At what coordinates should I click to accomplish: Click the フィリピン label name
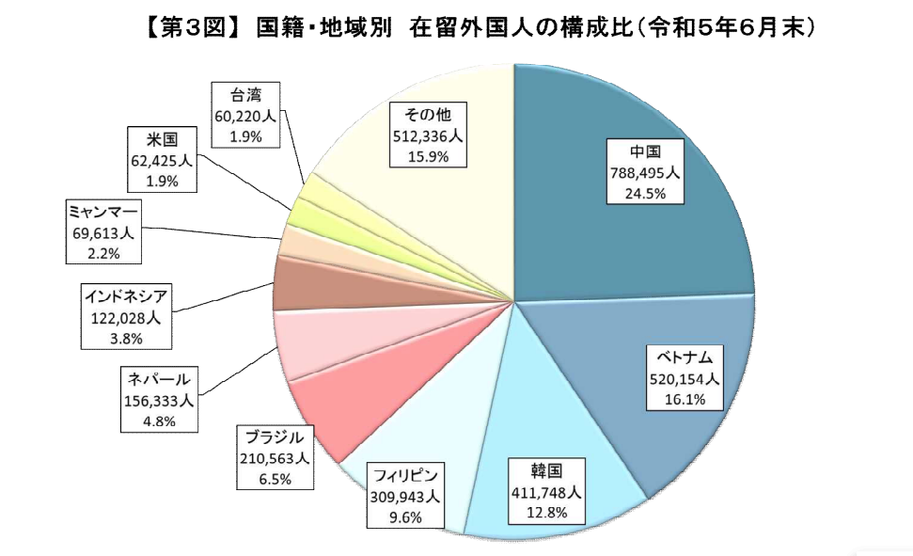click(405, 474)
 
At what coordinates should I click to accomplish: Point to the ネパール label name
click(160, 379)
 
